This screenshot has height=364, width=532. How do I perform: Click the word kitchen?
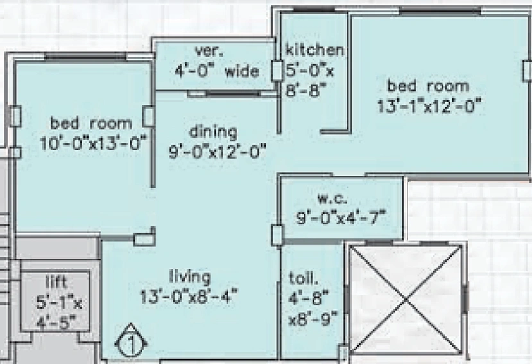(x=314, y=50)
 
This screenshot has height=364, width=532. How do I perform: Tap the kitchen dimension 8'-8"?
(x=305, y=91)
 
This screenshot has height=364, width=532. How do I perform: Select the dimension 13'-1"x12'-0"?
(x=429, y=105)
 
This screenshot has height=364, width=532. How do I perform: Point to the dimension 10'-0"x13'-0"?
(x=94, y=143)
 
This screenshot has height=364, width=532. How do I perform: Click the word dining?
(x=212, y=132)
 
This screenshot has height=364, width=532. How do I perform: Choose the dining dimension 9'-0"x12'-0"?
(x=218, y=151)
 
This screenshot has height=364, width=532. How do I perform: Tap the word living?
(x=190, y=277)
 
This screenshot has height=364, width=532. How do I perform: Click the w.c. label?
(x=332, y=199)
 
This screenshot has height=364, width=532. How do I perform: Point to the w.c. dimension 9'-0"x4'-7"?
(x=341, y=217)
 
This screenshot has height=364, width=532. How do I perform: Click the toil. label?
(x=304, y=278)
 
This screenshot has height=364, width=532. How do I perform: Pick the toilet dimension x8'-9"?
(x=313, y=319)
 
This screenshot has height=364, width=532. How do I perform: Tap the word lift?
(x=56, y=282)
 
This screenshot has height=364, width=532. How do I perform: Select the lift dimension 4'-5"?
(x=56, y=322)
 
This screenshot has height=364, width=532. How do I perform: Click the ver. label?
(x=209, y=51)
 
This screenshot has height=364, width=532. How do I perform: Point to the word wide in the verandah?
(x=242, y=71)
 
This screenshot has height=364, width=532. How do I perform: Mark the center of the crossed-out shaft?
(x=406, y=300)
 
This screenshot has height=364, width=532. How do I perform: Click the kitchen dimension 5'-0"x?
(x=310, y=71)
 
